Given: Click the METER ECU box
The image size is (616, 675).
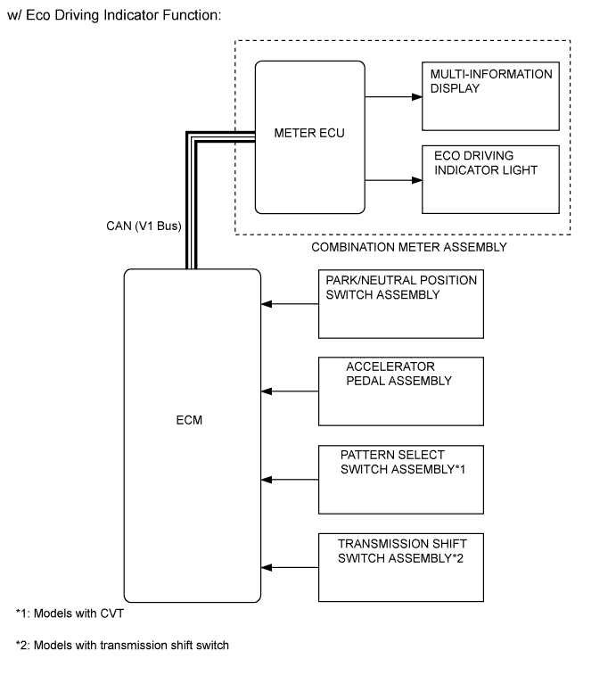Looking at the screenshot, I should click(x=309, y=136).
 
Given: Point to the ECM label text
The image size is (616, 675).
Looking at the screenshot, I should click(x=190, y=420).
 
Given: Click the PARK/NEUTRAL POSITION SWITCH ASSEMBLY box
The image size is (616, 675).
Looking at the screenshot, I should click(x=400, y=304).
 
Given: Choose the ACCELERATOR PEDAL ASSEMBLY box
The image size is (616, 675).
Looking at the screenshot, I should click(x=400, y=391).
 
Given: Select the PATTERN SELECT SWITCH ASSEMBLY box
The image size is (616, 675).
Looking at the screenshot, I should click(x=400, y=479).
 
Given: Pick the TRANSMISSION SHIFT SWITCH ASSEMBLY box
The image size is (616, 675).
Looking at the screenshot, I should click(x=400, y=567).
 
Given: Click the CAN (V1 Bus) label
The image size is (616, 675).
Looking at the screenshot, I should click(x=144, y=226).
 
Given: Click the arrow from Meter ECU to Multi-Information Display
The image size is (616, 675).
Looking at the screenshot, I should click(x=392, y=95).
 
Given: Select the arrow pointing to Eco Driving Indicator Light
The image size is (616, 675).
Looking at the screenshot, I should click(x=392, y=179).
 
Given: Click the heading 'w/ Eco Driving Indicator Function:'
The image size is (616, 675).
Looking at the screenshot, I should click(x=113, y=17).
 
